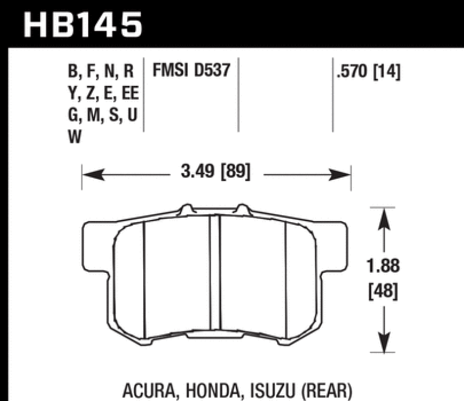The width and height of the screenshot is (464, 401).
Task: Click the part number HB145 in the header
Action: pos(81,24)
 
